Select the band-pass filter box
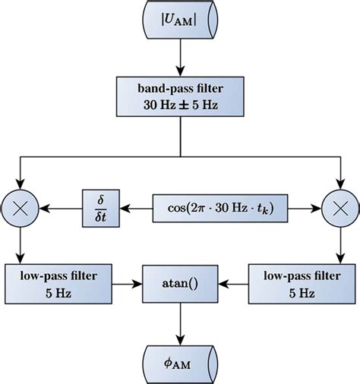pos(180,96)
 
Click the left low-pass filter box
pos(57,282)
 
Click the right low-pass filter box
pos(302,282)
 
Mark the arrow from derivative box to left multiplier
pos(62,206)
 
